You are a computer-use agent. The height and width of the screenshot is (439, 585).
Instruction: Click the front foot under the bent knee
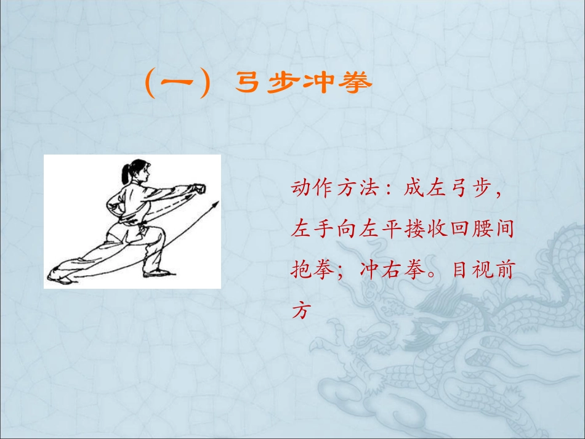[x=161, y=271]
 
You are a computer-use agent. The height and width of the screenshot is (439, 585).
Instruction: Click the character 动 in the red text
[x=302, y=189]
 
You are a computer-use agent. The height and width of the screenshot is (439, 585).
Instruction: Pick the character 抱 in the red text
[x=302, y=270]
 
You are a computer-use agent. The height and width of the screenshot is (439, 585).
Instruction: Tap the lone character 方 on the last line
[x=302, y=310]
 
